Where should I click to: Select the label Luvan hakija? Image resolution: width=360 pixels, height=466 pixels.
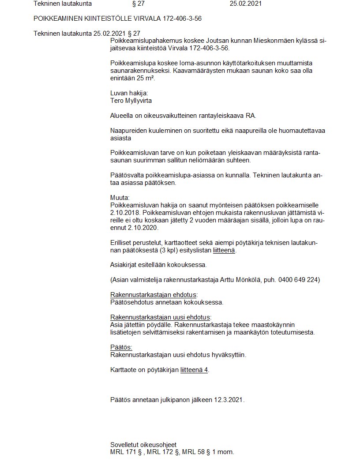(x=129, y=94)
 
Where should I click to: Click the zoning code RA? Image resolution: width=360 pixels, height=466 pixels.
(x=250, y=116)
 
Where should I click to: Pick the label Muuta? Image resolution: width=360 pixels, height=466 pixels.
(x=120, y=198)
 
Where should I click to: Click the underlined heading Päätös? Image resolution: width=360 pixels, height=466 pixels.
(x=121, y=347)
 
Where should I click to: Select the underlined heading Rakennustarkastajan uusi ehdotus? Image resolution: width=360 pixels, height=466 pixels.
(x=161, y=317)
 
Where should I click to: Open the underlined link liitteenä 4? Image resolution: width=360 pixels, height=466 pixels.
(x=194, y=370)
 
